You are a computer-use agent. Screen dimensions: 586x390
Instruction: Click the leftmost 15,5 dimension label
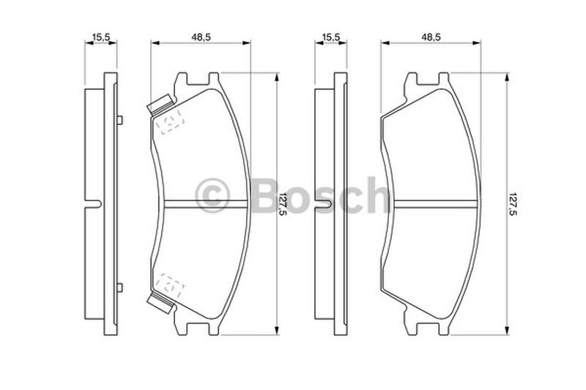100,37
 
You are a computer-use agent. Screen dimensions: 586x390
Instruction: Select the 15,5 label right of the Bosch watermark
331,37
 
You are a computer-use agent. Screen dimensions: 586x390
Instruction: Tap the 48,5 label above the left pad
201,37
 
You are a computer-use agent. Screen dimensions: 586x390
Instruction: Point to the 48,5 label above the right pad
431,37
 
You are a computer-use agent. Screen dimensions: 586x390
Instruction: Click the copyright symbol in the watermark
212,195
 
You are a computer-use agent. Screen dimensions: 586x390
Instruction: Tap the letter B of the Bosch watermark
267,195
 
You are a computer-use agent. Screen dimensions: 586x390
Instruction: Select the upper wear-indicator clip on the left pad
160,104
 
